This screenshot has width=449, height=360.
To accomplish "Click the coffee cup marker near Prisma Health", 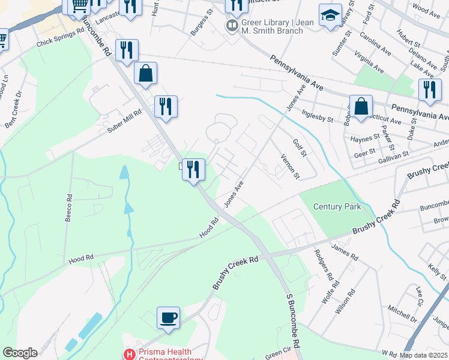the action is click(168, 317).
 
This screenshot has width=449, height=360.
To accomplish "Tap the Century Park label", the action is click(337, 206).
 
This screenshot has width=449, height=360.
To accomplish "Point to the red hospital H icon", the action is click(128, 355).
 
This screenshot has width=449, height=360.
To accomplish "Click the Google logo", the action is click(19, 353).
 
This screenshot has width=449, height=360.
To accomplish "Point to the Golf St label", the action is click(300, 146).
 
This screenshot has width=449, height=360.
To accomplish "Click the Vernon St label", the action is click(289, 166).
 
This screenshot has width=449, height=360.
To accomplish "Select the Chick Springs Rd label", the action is click(60, 39).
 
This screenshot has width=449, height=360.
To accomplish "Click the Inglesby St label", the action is click(318, 115).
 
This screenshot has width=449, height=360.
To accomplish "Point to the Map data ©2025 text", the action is click(424, 355).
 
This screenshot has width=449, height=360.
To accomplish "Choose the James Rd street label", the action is click(344, 252).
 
